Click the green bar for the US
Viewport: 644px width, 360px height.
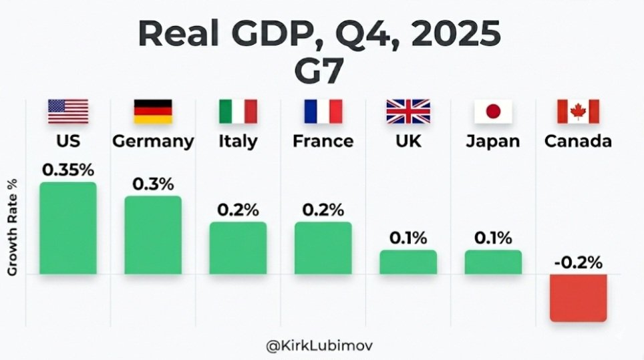pyautogui.click(x=67, y=228)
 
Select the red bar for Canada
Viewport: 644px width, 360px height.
pyautogui.click(x=578, y=298)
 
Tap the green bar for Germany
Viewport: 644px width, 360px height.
pyautogui.click(x=152, y=234)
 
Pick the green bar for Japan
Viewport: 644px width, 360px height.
pyautogui.click(x=493, y=262)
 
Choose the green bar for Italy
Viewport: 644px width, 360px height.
pyautogui.click(x=238, y=248)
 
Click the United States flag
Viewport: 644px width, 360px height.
pyautogui.click(x=67, y=112)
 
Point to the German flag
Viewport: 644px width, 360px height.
pyautogui.click(x=153, y=112)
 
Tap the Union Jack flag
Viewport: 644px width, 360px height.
pyautogui.click(x=408, y=112)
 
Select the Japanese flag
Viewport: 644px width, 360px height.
pyautogui.click(x=493, y=112)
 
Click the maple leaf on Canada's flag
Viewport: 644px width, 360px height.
pyautogui.click(x=578, y=112)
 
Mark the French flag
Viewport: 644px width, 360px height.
pyautogui.click(x=323, y=112)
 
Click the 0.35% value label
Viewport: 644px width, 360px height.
pyautogui.click(x=68, y=170)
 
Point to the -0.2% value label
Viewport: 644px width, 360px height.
pyautogui.click(x=578, y=262)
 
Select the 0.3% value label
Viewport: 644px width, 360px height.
pyautogui.click(x=153, y=184)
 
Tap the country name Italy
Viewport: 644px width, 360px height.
pyautogui.click(x=238, y=142)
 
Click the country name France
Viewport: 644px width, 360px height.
pyautogui.click(x=323, y=142)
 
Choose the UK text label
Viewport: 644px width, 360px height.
pyautogui.click(x=408, y=142)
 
